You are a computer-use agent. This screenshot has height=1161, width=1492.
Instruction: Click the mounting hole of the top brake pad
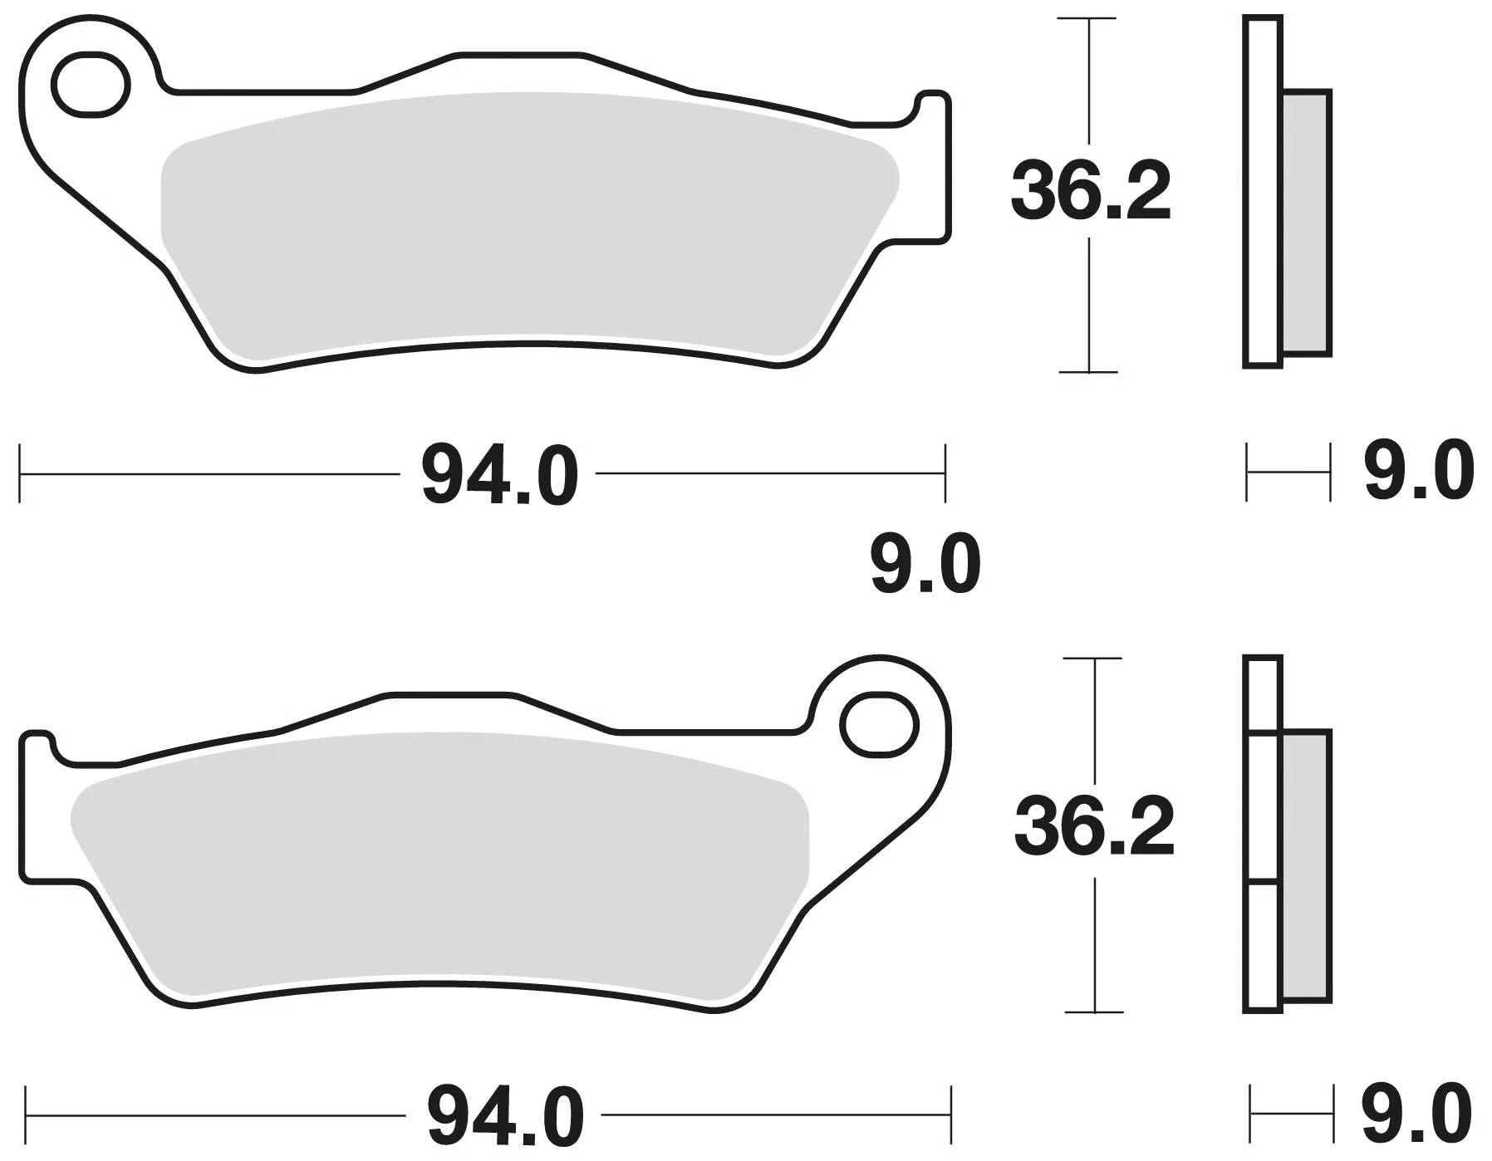click(91, 84)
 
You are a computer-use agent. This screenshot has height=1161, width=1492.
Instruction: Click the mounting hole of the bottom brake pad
click(879, 725)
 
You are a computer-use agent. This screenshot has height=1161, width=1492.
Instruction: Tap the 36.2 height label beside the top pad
click(1091, 192)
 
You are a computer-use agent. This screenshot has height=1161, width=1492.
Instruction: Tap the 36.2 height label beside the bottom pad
click(1095, 826)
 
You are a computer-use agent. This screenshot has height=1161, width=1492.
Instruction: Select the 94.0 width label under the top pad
click(499, 476)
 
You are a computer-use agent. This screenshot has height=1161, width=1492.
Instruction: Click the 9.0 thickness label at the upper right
click(1419, 471)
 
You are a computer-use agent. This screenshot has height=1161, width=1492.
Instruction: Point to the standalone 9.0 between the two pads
click(925, 565)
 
